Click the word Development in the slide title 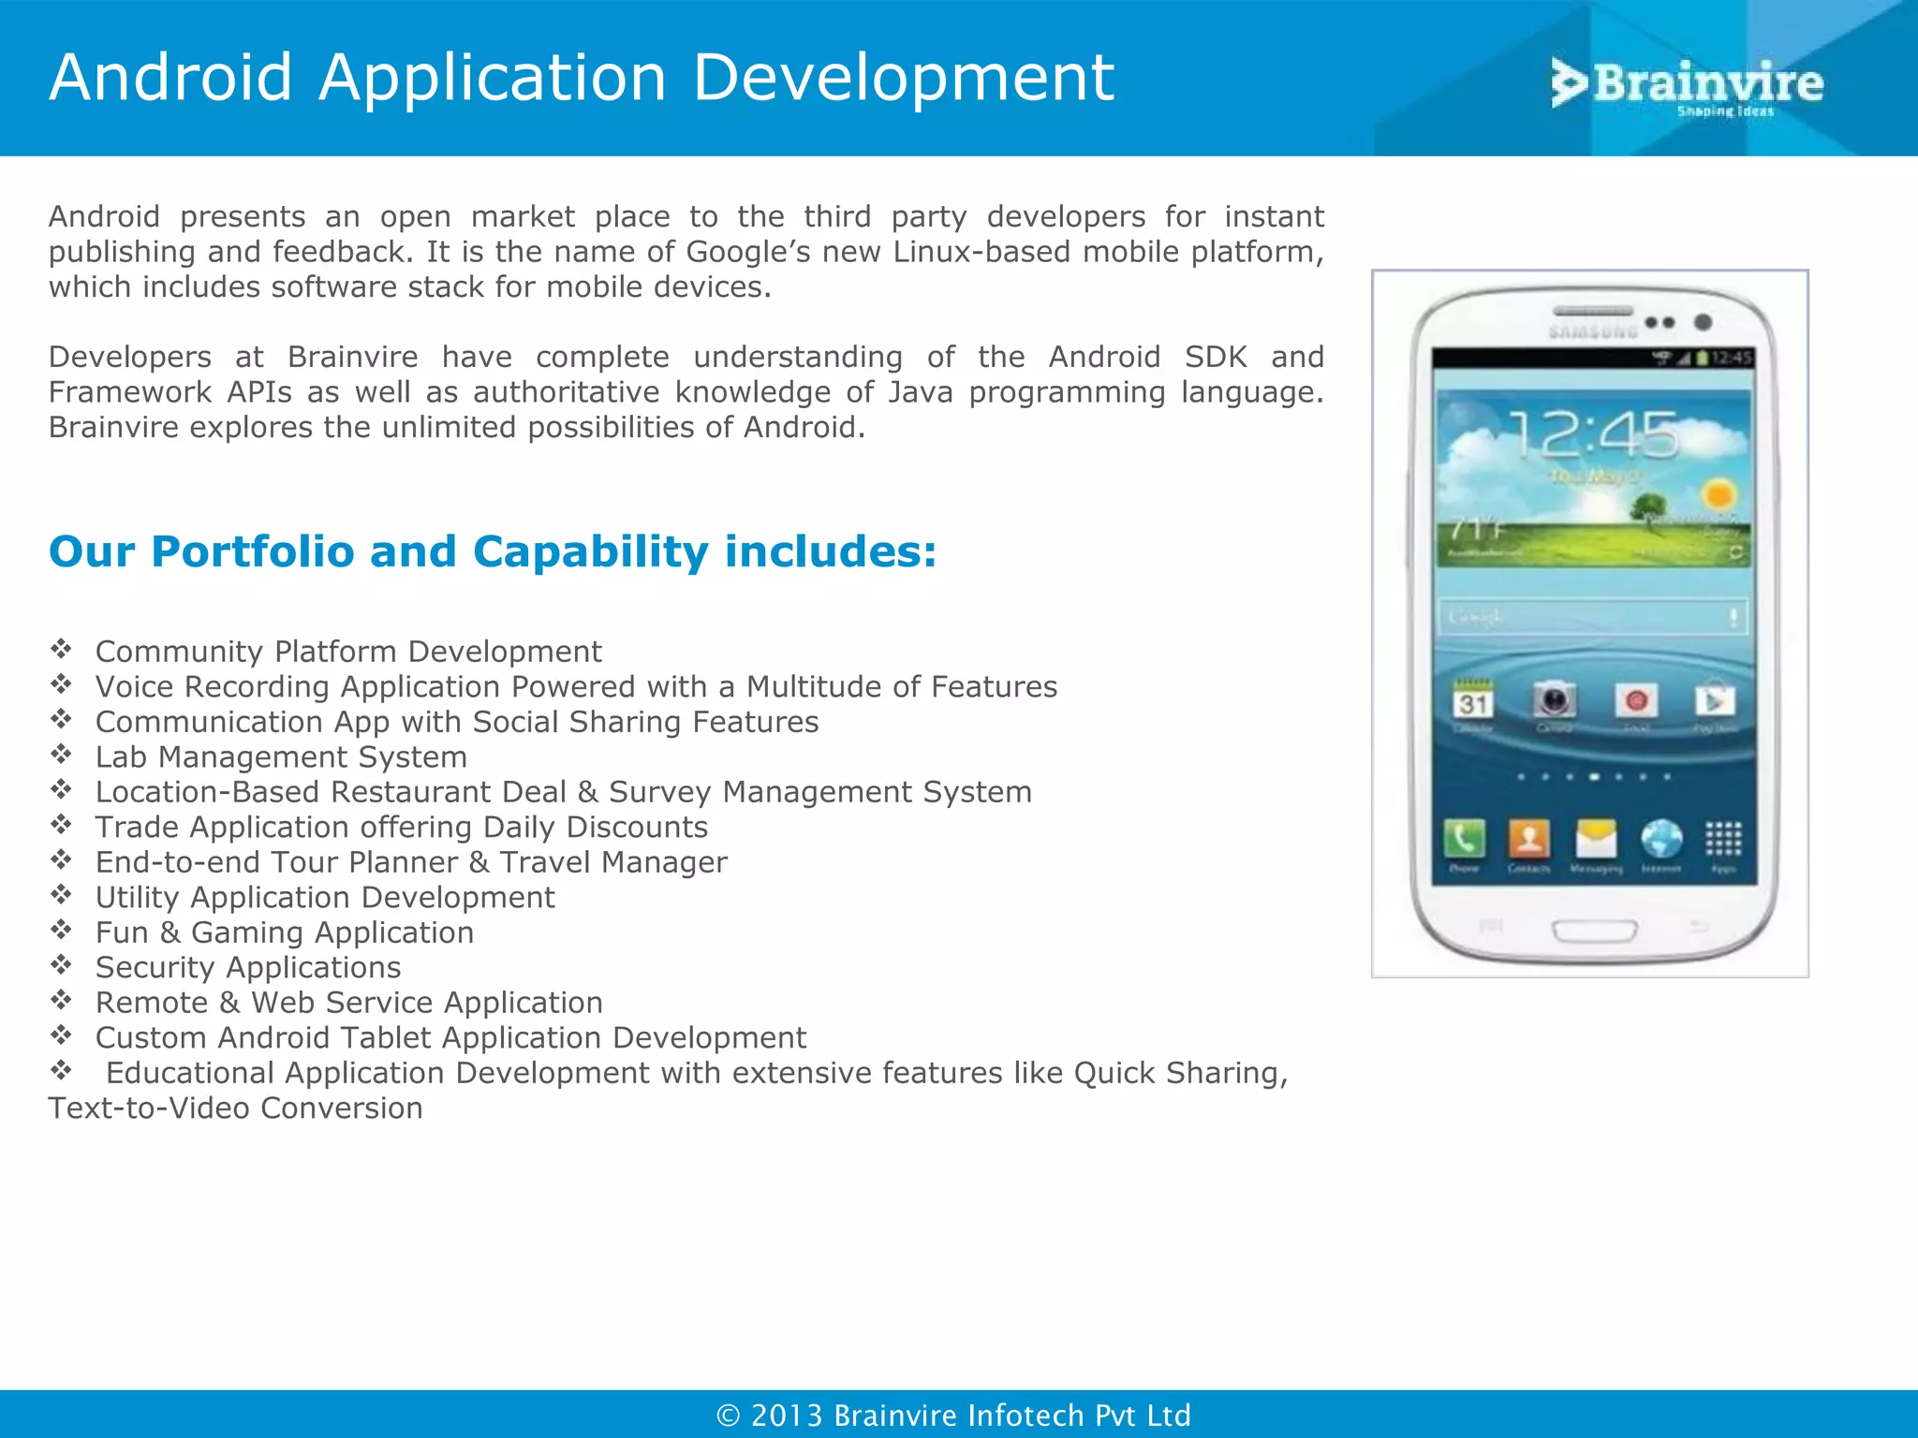903,78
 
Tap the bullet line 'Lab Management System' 281,756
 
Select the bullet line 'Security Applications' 248,967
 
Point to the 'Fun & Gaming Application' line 285,932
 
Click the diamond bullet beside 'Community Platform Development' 62,649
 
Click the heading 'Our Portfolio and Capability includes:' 493,551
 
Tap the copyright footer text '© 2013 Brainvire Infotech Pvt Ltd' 953,1415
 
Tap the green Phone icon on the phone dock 1464,839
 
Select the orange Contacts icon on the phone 1528,839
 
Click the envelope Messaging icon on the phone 1596,839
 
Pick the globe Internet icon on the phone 1661,839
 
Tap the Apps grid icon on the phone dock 1723,839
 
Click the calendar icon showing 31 1473,701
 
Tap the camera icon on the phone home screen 1555,700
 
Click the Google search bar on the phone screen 1592,617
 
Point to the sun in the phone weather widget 1719,493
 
